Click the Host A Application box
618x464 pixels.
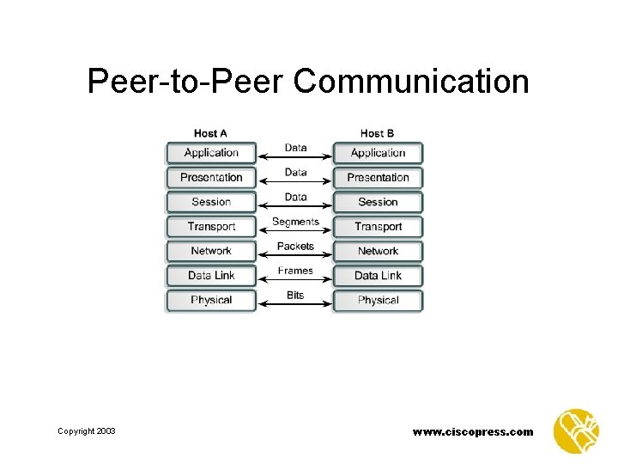click(211, 153)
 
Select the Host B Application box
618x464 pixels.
click(378, 153)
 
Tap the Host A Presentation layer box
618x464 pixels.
click(211, 178)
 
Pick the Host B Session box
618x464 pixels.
click(378, 202)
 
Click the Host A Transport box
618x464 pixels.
click(211, 227)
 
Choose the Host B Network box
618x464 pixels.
click(378, 251)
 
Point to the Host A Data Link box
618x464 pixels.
click(211, 276)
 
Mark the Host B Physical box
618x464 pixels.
click(378, 300)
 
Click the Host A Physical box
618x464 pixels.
click(211, 300)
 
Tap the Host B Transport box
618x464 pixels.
click(378, 227)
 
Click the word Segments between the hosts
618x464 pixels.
click(295, 222)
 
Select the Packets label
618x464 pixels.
click(295, 246)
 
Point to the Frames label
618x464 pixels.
click(295, 271)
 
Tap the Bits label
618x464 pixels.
click(295, 295)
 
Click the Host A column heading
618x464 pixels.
click(211, 133)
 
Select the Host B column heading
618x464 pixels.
click(378, 133)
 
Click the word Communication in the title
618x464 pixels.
click(411, 82)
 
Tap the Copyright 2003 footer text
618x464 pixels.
click(87, 431)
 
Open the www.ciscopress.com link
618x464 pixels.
click(473, 431)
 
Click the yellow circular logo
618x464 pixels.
click(576, 430)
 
